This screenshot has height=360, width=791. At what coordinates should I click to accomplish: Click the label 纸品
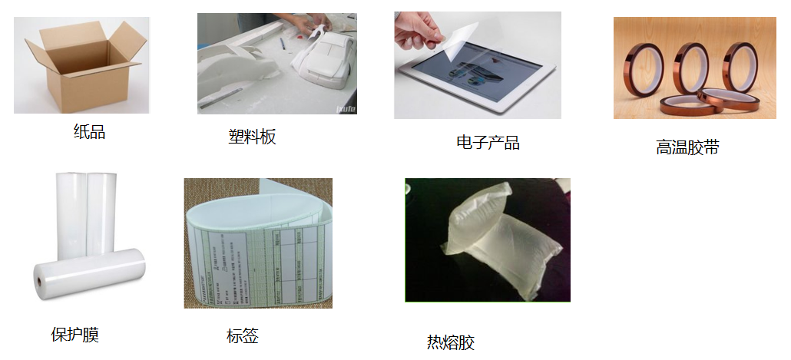point(89,132)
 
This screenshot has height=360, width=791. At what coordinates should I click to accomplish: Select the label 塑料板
point(252,137)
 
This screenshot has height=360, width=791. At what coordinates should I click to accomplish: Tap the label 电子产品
point(488,143)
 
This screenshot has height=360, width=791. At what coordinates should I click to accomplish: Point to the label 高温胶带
point(687,147)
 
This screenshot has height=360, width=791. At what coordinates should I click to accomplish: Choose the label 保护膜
point(74,335)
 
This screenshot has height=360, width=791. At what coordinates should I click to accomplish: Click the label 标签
point(242,335)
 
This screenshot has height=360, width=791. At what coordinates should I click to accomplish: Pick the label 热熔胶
point(451,342)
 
